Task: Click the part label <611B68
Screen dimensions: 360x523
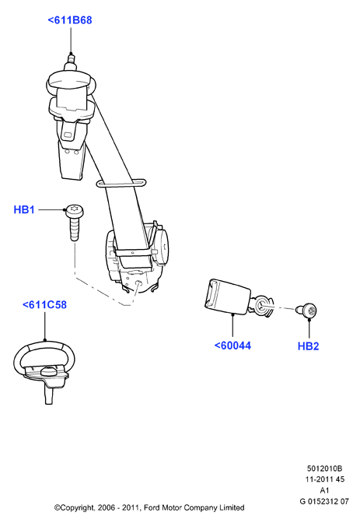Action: point(70,20)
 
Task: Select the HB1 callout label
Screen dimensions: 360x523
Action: point(24,210)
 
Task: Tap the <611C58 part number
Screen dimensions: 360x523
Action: point(44,304)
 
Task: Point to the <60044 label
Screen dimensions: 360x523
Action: point(232,346)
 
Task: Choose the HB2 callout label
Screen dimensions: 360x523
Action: point(309,346)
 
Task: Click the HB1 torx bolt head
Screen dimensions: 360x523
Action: point(75,212)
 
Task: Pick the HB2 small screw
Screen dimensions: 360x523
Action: point(306,311)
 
